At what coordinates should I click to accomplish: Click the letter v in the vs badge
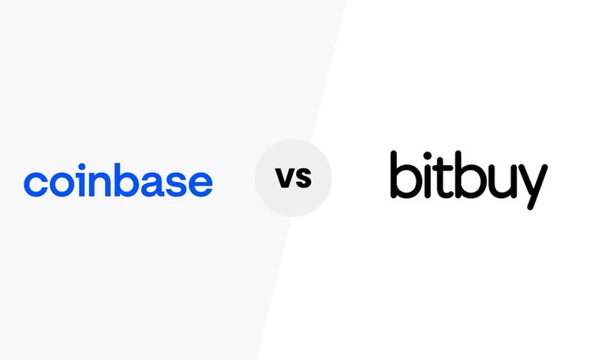point(283,180)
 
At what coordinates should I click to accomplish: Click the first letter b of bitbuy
point(405,176)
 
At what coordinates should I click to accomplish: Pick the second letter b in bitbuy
point(476,176)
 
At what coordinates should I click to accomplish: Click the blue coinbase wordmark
point(118,181)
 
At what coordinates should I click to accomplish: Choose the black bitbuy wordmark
point(468,178)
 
